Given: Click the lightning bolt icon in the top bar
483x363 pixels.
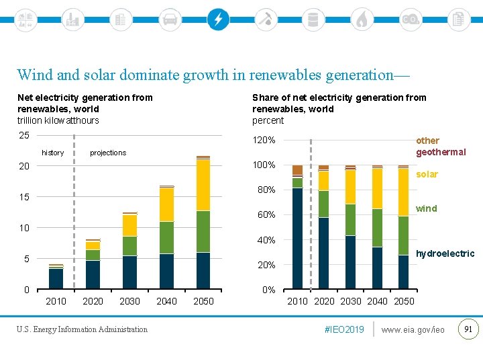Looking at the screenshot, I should pyautogui.click(x=217, y=19).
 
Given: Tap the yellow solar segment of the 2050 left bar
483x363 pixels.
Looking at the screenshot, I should pyautogui.click(x=203, y=185).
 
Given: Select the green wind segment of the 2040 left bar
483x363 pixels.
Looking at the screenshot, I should pyautogui.click(x=166, y=237).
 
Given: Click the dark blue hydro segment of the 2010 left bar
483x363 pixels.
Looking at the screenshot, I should pyautogui.click(x=56, y=279).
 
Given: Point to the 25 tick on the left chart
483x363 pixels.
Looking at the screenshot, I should pyautogui.click(x=23, y=135).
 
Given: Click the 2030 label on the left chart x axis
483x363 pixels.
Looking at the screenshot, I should pyautogui.click(x=129, y=301).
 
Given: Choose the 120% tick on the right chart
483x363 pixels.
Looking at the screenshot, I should pyautogui.click(x=264, y=140).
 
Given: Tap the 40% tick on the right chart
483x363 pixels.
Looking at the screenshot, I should pyautogui.click(x=266, y=240).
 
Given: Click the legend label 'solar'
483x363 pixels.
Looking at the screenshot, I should pyautogui.click(x=427, y=174).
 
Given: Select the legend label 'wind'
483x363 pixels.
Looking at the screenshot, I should pyautogui.click(x=426, y=208).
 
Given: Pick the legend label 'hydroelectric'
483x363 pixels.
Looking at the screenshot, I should pyautogui.click(x=445, y=253).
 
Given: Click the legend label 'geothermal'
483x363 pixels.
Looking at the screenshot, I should pyautogui.click(x=441, y=152).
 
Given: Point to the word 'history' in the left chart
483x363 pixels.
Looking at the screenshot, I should pyautogui.click(x=52, y=153).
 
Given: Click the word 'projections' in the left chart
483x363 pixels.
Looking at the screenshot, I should pyautogui.click(x=108, y=153).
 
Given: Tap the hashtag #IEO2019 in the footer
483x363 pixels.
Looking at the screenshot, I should pyautogui.click(x=343, y=329).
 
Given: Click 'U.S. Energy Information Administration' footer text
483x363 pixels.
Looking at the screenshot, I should pyautogui.click(x=83, y=329).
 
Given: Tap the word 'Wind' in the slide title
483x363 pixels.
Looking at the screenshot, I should pyautogui.click(x=34, y=75).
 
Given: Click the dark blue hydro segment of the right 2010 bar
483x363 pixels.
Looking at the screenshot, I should pyautogui.click(x=297, y=239).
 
